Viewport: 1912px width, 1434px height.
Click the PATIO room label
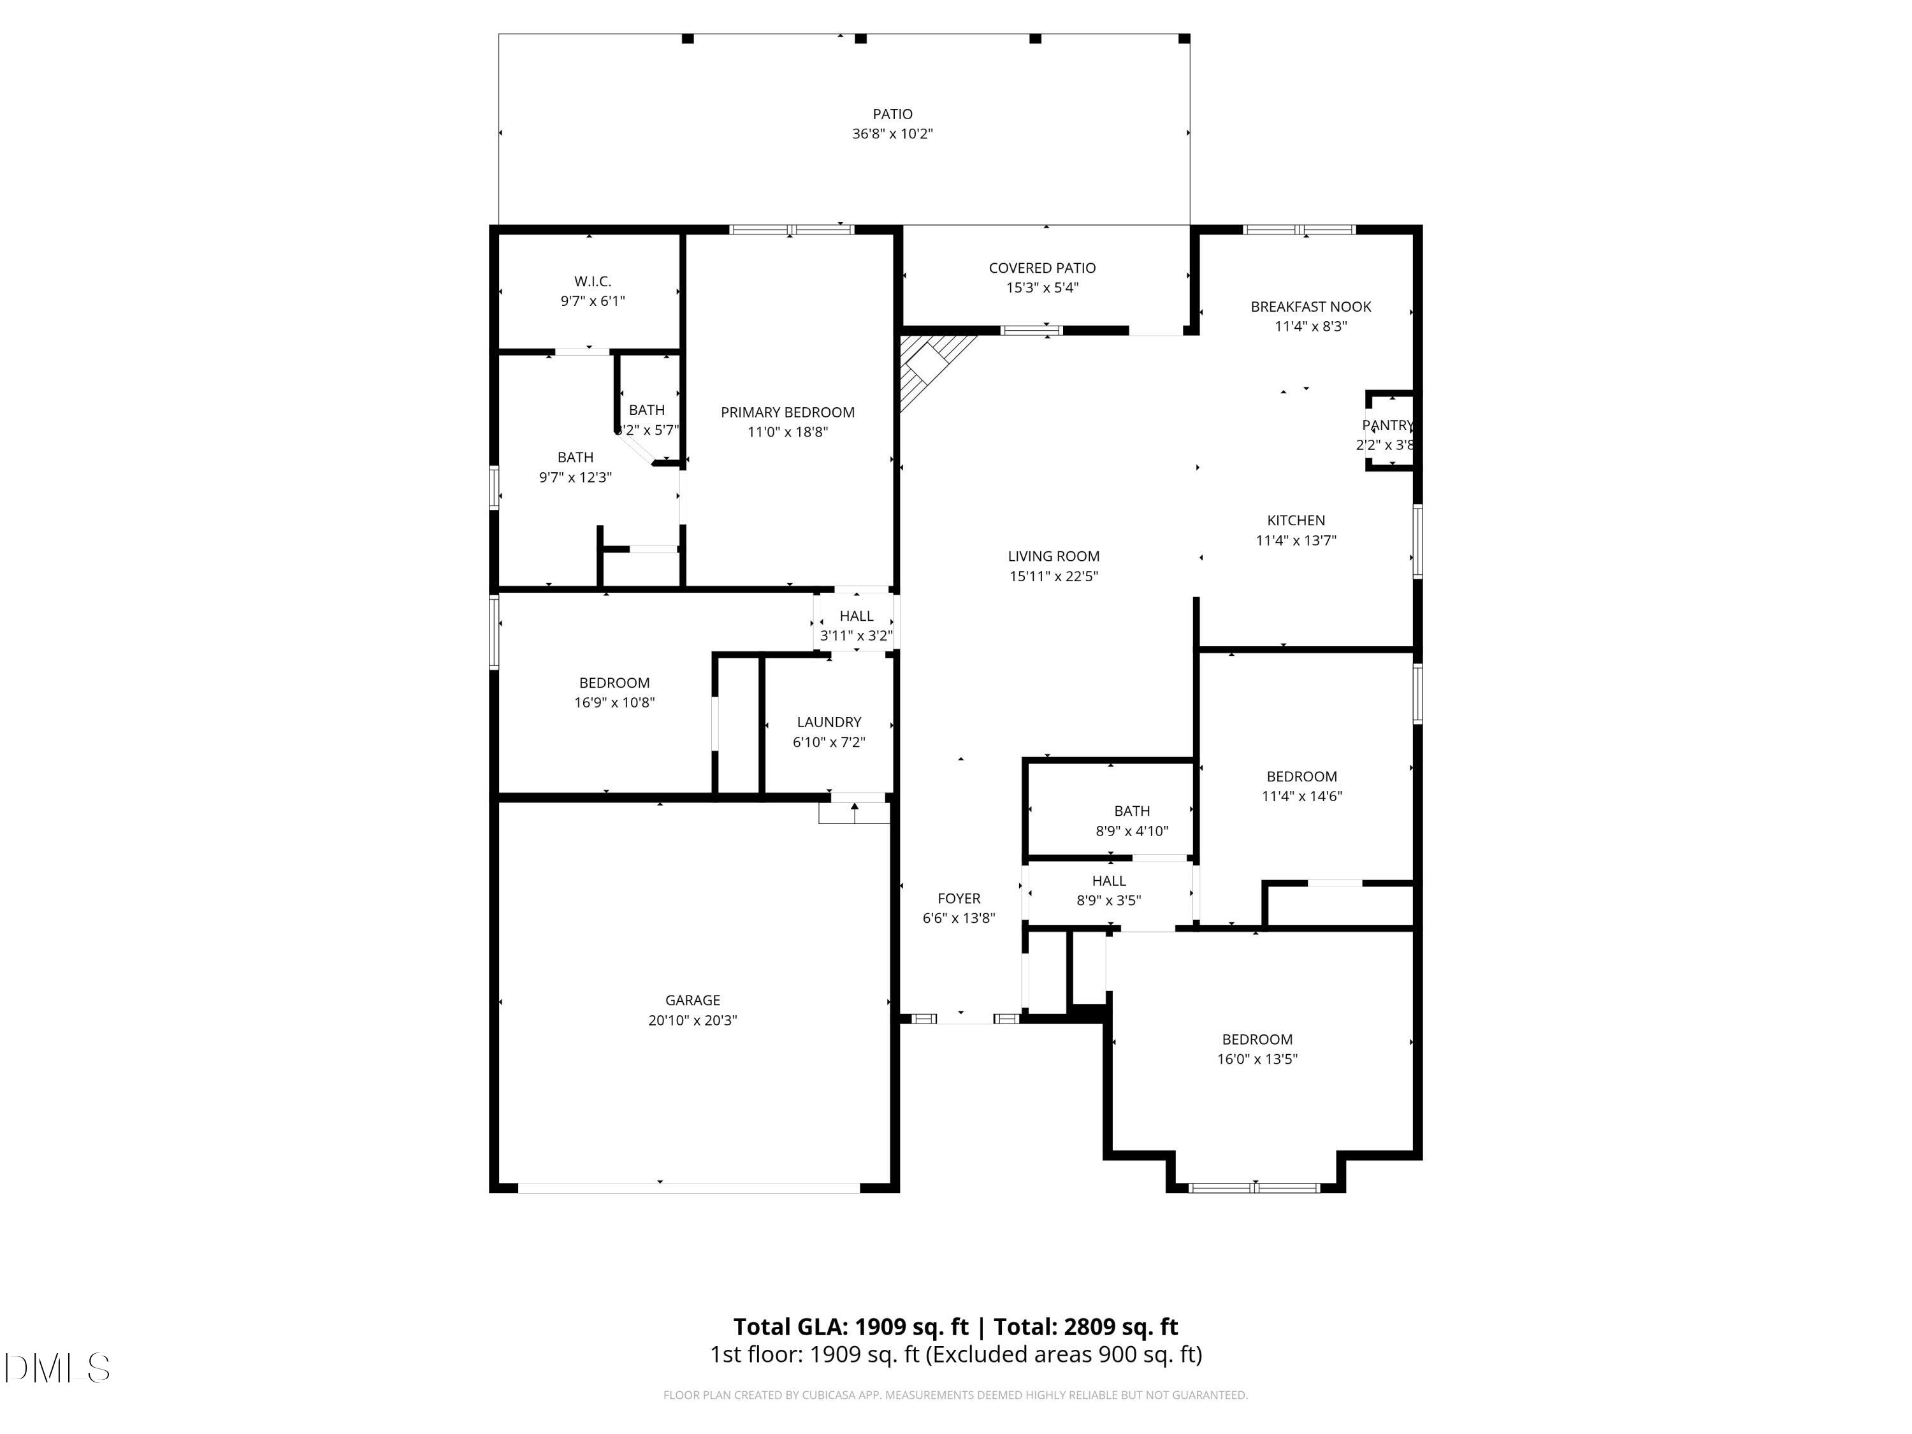tap(892, 114)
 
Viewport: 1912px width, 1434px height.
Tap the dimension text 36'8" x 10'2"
tap(892, 134)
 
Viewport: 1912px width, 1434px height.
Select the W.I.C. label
tap(592, 281)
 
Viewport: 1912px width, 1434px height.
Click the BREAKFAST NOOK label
tap(1310, 307)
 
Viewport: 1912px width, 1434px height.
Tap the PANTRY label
tap(1386, 425)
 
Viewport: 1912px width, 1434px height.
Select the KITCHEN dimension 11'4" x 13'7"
tap(1296, 540)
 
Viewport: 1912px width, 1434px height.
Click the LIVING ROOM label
tap(1053, 556)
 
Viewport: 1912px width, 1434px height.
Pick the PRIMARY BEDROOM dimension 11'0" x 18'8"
tap(788, 432)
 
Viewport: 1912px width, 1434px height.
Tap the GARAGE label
tap(692, 1000)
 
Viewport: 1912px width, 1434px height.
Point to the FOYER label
tap(959, 899)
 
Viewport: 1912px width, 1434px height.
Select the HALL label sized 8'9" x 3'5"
tap(1108, 881)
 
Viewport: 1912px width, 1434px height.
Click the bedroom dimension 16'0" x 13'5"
tap(1257, 1059)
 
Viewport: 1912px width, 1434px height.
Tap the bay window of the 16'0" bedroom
tap(1254, 1187)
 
